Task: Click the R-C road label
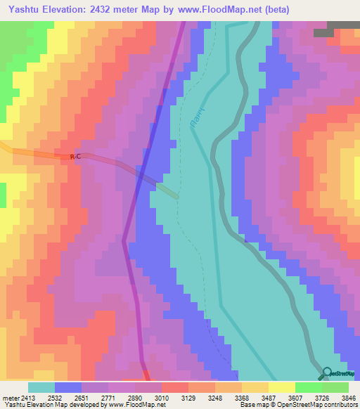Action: pos(76,157)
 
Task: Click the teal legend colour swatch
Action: pos(41,387)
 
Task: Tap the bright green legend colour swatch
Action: pos(308,387)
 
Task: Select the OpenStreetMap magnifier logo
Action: pos(327,373)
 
